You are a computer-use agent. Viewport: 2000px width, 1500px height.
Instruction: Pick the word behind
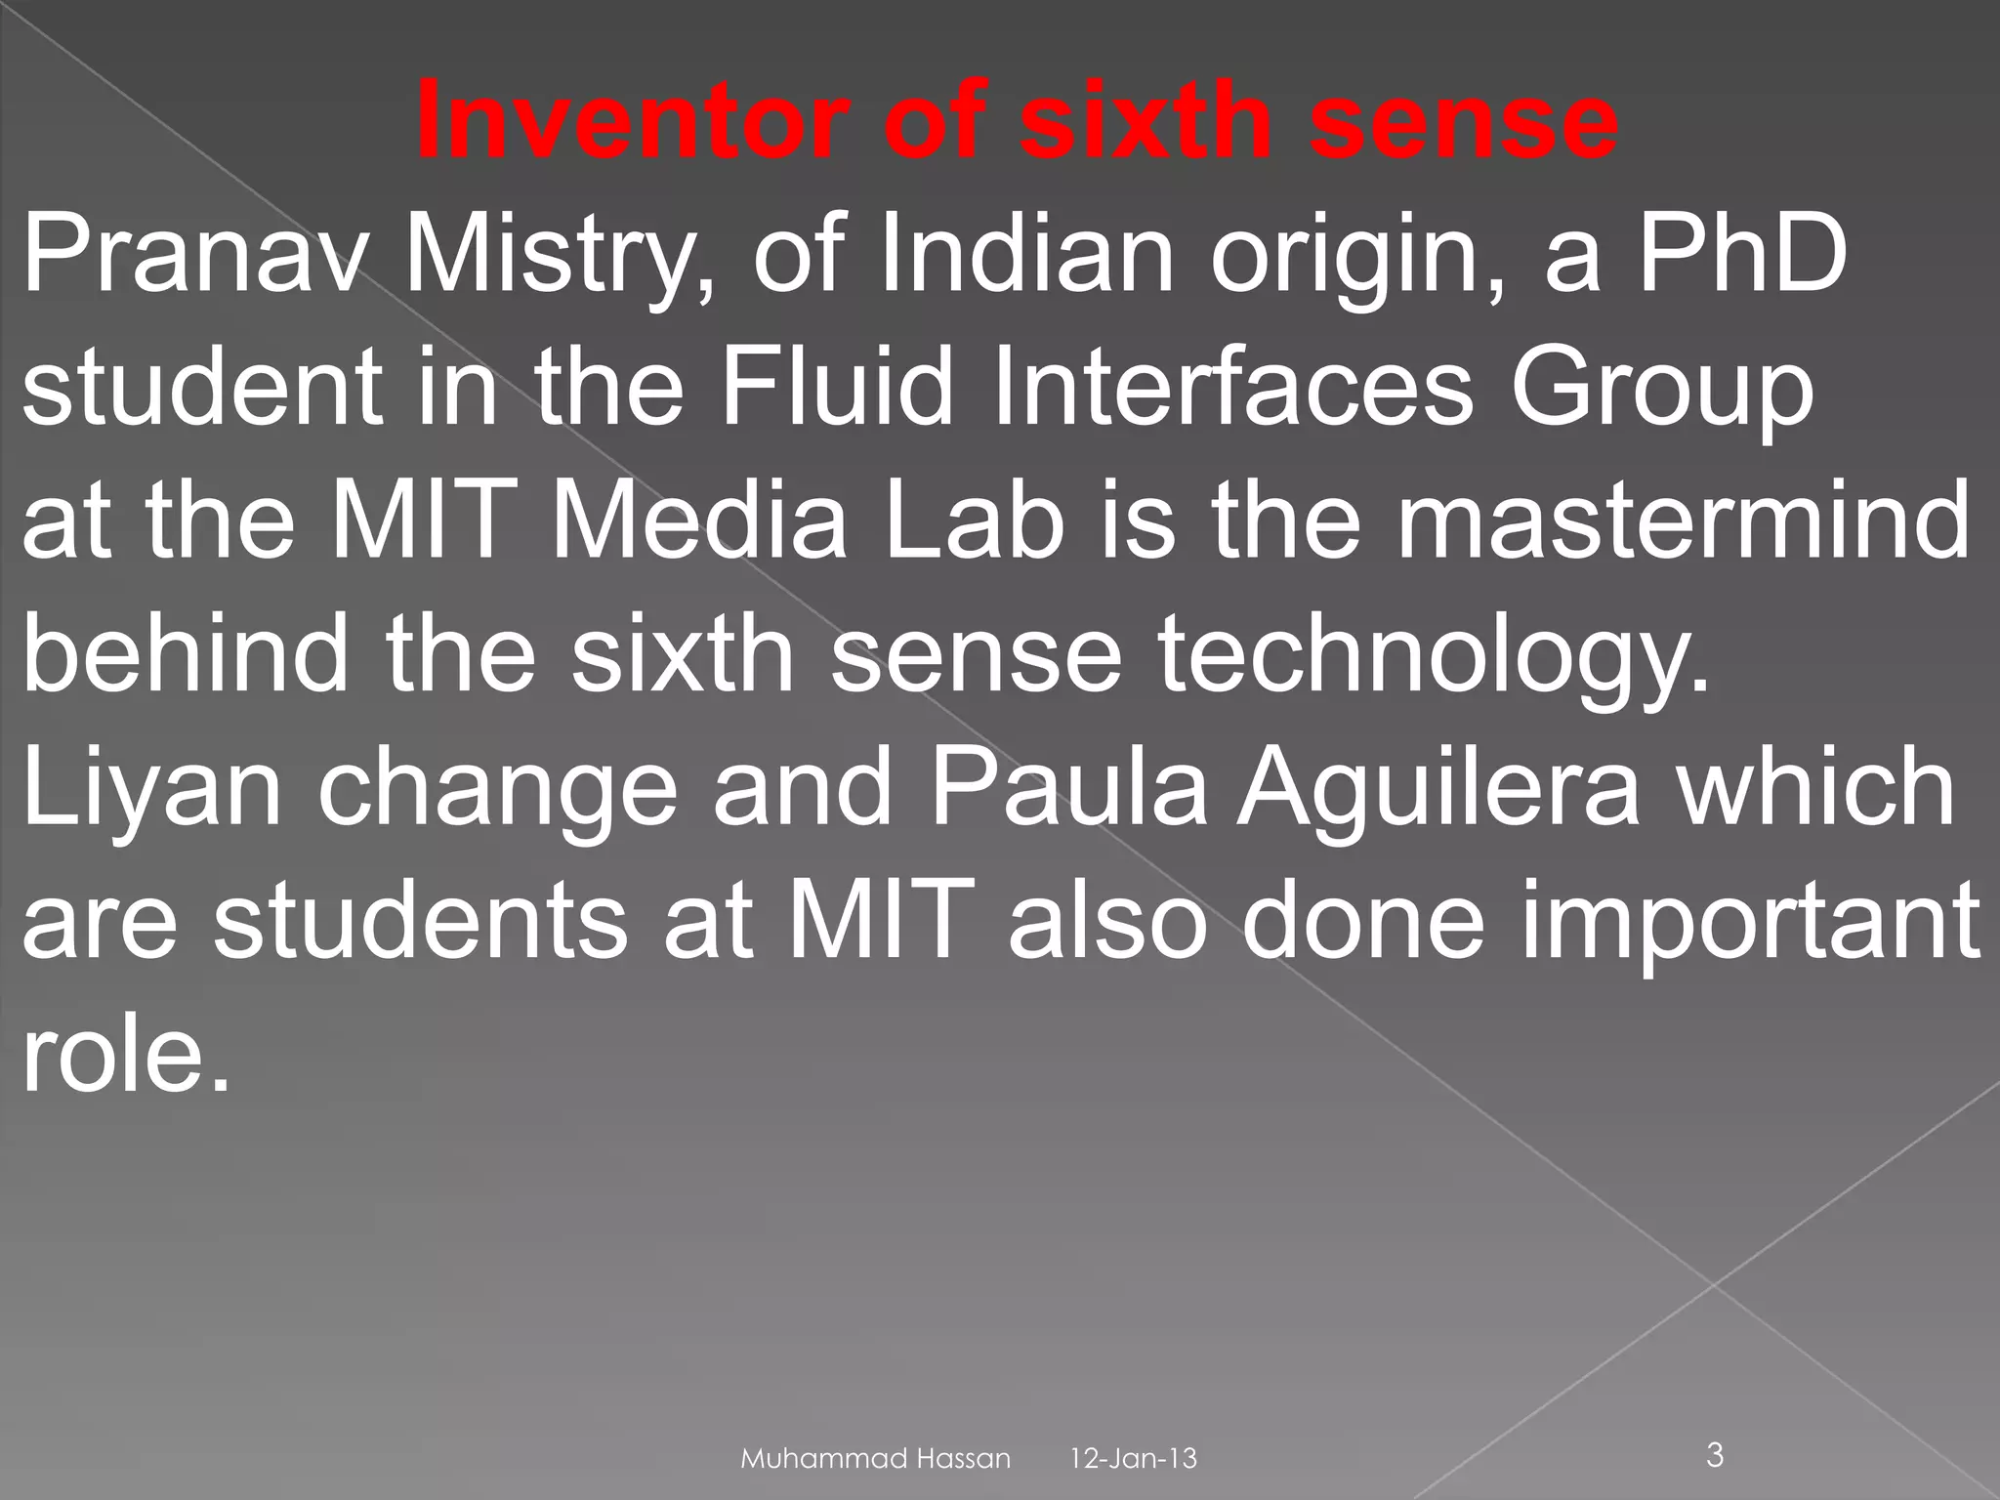186,654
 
